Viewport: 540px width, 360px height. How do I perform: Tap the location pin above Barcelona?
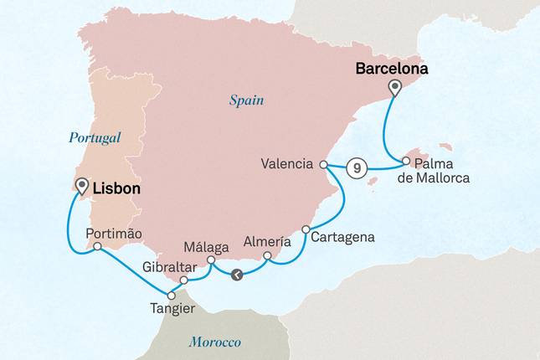[x=394, y=88]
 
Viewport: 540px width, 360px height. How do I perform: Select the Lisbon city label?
[x=117, y=190]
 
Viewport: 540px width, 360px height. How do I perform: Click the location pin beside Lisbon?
[x=81, y=185]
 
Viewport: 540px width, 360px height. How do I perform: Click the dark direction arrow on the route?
[x=238, y=274]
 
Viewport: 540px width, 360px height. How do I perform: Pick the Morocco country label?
[x=214, y=342]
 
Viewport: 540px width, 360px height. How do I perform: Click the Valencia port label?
[x=287, y=164]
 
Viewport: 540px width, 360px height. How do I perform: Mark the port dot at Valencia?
[x=324, y=166]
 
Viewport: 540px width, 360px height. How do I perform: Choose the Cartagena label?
[x=342, y=237]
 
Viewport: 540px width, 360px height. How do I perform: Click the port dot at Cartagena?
[x=306, y=229]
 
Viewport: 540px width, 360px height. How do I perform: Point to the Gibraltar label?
[x=169, y=266]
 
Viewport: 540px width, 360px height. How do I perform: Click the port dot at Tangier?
[x=172, y=295]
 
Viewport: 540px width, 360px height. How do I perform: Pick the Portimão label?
[x=114, y=234]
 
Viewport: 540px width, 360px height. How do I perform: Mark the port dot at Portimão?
[x=98, y=246]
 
